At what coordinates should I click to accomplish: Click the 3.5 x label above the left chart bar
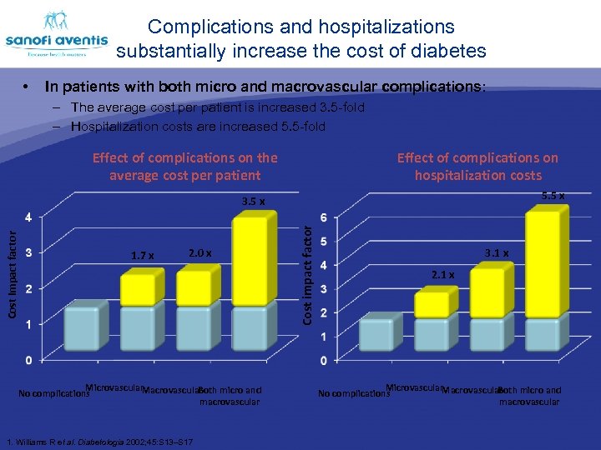click(253, 202)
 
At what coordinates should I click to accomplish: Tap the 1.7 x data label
click(143, 256)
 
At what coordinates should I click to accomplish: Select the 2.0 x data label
click(200, 252)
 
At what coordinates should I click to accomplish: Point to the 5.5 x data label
click(553, 196)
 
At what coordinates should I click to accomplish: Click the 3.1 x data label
click(497, 252)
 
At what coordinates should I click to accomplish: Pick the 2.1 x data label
click(442, 274)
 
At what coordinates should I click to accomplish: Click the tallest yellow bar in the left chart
click(254, 261)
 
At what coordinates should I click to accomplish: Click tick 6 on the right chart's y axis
click(324, 217)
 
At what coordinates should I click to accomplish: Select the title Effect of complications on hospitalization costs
click(477, 166)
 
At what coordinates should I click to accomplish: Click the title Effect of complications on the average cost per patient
click(185, 166)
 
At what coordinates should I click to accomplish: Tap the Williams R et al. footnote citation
click(99, 441)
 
